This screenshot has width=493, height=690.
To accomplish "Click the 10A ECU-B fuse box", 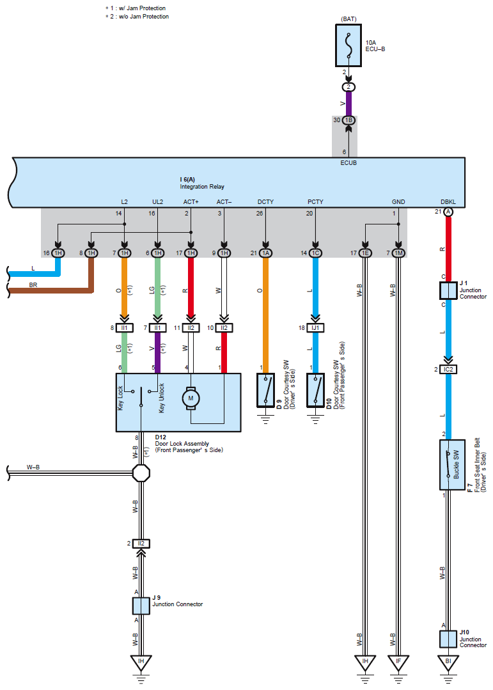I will click(x=348, y=45).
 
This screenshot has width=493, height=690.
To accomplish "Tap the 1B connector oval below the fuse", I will click(x=348, y=120).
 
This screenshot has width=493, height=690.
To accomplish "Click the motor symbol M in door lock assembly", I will click(x=190, y=398).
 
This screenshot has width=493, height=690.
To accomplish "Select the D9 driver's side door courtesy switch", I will click(x=265, y=390).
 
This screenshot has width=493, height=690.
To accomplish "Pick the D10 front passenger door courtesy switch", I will click(x=315, y=390).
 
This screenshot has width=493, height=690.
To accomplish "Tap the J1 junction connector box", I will click(x=448, y=290).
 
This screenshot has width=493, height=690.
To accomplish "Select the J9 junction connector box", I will click(x=141, y=605).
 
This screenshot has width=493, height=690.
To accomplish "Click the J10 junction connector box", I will click(x=448, y=638).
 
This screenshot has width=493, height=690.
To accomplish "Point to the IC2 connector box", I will click(x=448, y=370).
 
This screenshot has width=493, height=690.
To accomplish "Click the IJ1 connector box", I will click(x=315, y=328).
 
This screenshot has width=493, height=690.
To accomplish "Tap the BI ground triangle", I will click(x=448, y=661).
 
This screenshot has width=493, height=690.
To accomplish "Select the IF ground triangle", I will click(x=398, y=661).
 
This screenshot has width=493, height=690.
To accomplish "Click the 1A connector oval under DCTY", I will click(x=265, y=253).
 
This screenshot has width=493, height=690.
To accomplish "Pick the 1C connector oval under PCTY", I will click(x=315, y=253).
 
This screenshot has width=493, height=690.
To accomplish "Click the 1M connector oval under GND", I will click(x=398, y=253).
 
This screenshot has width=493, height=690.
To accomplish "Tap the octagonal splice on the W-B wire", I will click(x=141, y=473).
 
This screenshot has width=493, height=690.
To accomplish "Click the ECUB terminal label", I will click(x=348, y=163).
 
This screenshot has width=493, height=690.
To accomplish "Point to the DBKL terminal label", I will click(x=448, y=201).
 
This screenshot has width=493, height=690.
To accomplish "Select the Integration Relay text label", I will click(x=199, y=185).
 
